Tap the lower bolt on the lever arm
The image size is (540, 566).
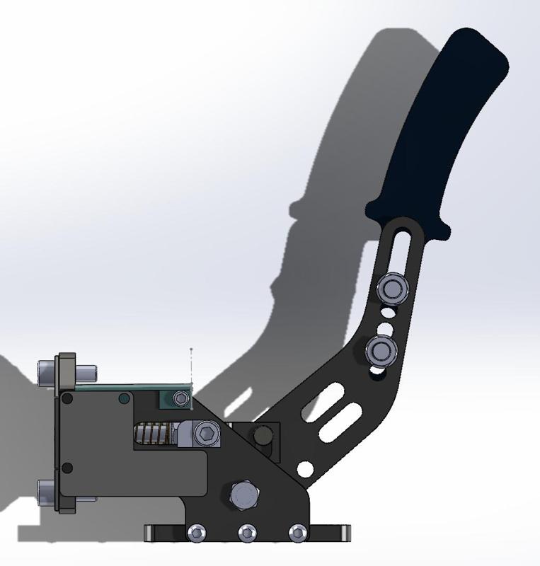[x=381, y=349]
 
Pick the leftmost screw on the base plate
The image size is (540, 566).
[x=195, y=533]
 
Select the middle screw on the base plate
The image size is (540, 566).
[x=247, y=533]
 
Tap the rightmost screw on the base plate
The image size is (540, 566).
[x=299, y=532]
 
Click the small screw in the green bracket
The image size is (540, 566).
[x=181, y=400]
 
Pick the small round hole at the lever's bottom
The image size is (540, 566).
[x=306, y=468]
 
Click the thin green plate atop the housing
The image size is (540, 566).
[x=120, y=386]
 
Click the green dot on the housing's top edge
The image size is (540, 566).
[x=125, y=399]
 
